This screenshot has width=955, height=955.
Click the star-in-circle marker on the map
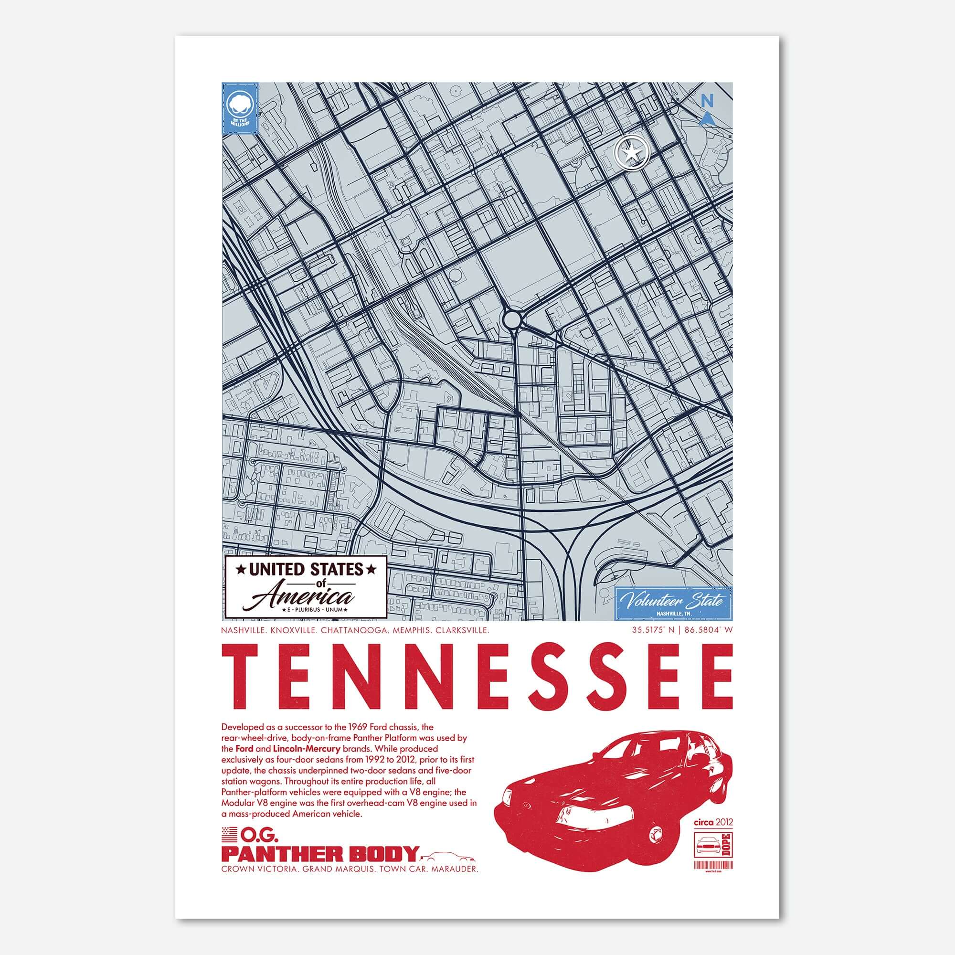click(631, 154)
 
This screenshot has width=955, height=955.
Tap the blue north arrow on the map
click(708, 117)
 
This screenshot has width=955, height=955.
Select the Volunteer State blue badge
click(674, 603)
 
